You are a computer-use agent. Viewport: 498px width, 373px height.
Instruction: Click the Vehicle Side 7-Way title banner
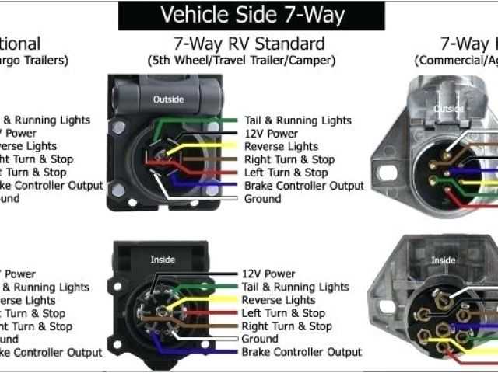pyautogui.click(x=251, y=15)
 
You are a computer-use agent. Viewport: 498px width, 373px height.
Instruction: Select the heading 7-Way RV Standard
pyautogui.click(x=249, y=44)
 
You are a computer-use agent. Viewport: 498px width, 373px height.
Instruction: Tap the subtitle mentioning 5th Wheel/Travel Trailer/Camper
pyautogui.click(x=241, y=60)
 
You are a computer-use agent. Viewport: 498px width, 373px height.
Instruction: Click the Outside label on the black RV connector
pyautogui.click(x=169, y=99)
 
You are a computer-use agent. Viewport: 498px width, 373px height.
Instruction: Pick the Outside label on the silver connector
pyautogui.click(x=448, y=109)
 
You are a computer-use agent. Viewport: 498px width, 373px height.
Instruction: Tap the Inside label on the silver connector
pyautogui.click(x=444, y=260)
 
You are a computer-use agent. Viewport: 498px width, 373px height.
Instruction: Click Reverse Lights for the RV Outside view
pyautogui.click(x=281, y=146)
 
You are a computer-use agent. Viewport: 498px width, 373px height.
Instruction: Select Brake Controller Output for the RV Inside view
pyautogui.click(x=301, y=352)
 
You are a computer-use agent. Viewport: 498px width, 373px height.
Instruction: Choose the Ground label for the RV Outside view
pyautogui.click(x=262, y=199)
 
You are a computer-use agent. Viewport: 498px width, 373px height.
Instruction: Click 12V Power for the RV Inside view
pyautogui.click(x=268, y=274)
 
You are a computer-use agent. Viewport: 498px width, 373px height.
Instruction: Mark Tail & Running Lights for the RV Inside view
pyautogui.click(x=295, y=287)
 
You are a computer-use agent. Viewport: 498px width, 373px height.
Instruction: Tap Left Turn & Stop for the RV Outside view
pyautogui.click(x=286, y=173)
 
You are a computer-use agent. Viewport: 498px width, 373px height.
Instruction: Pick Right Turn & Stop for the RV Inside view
pyautogui.click(x=286, y=326)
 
